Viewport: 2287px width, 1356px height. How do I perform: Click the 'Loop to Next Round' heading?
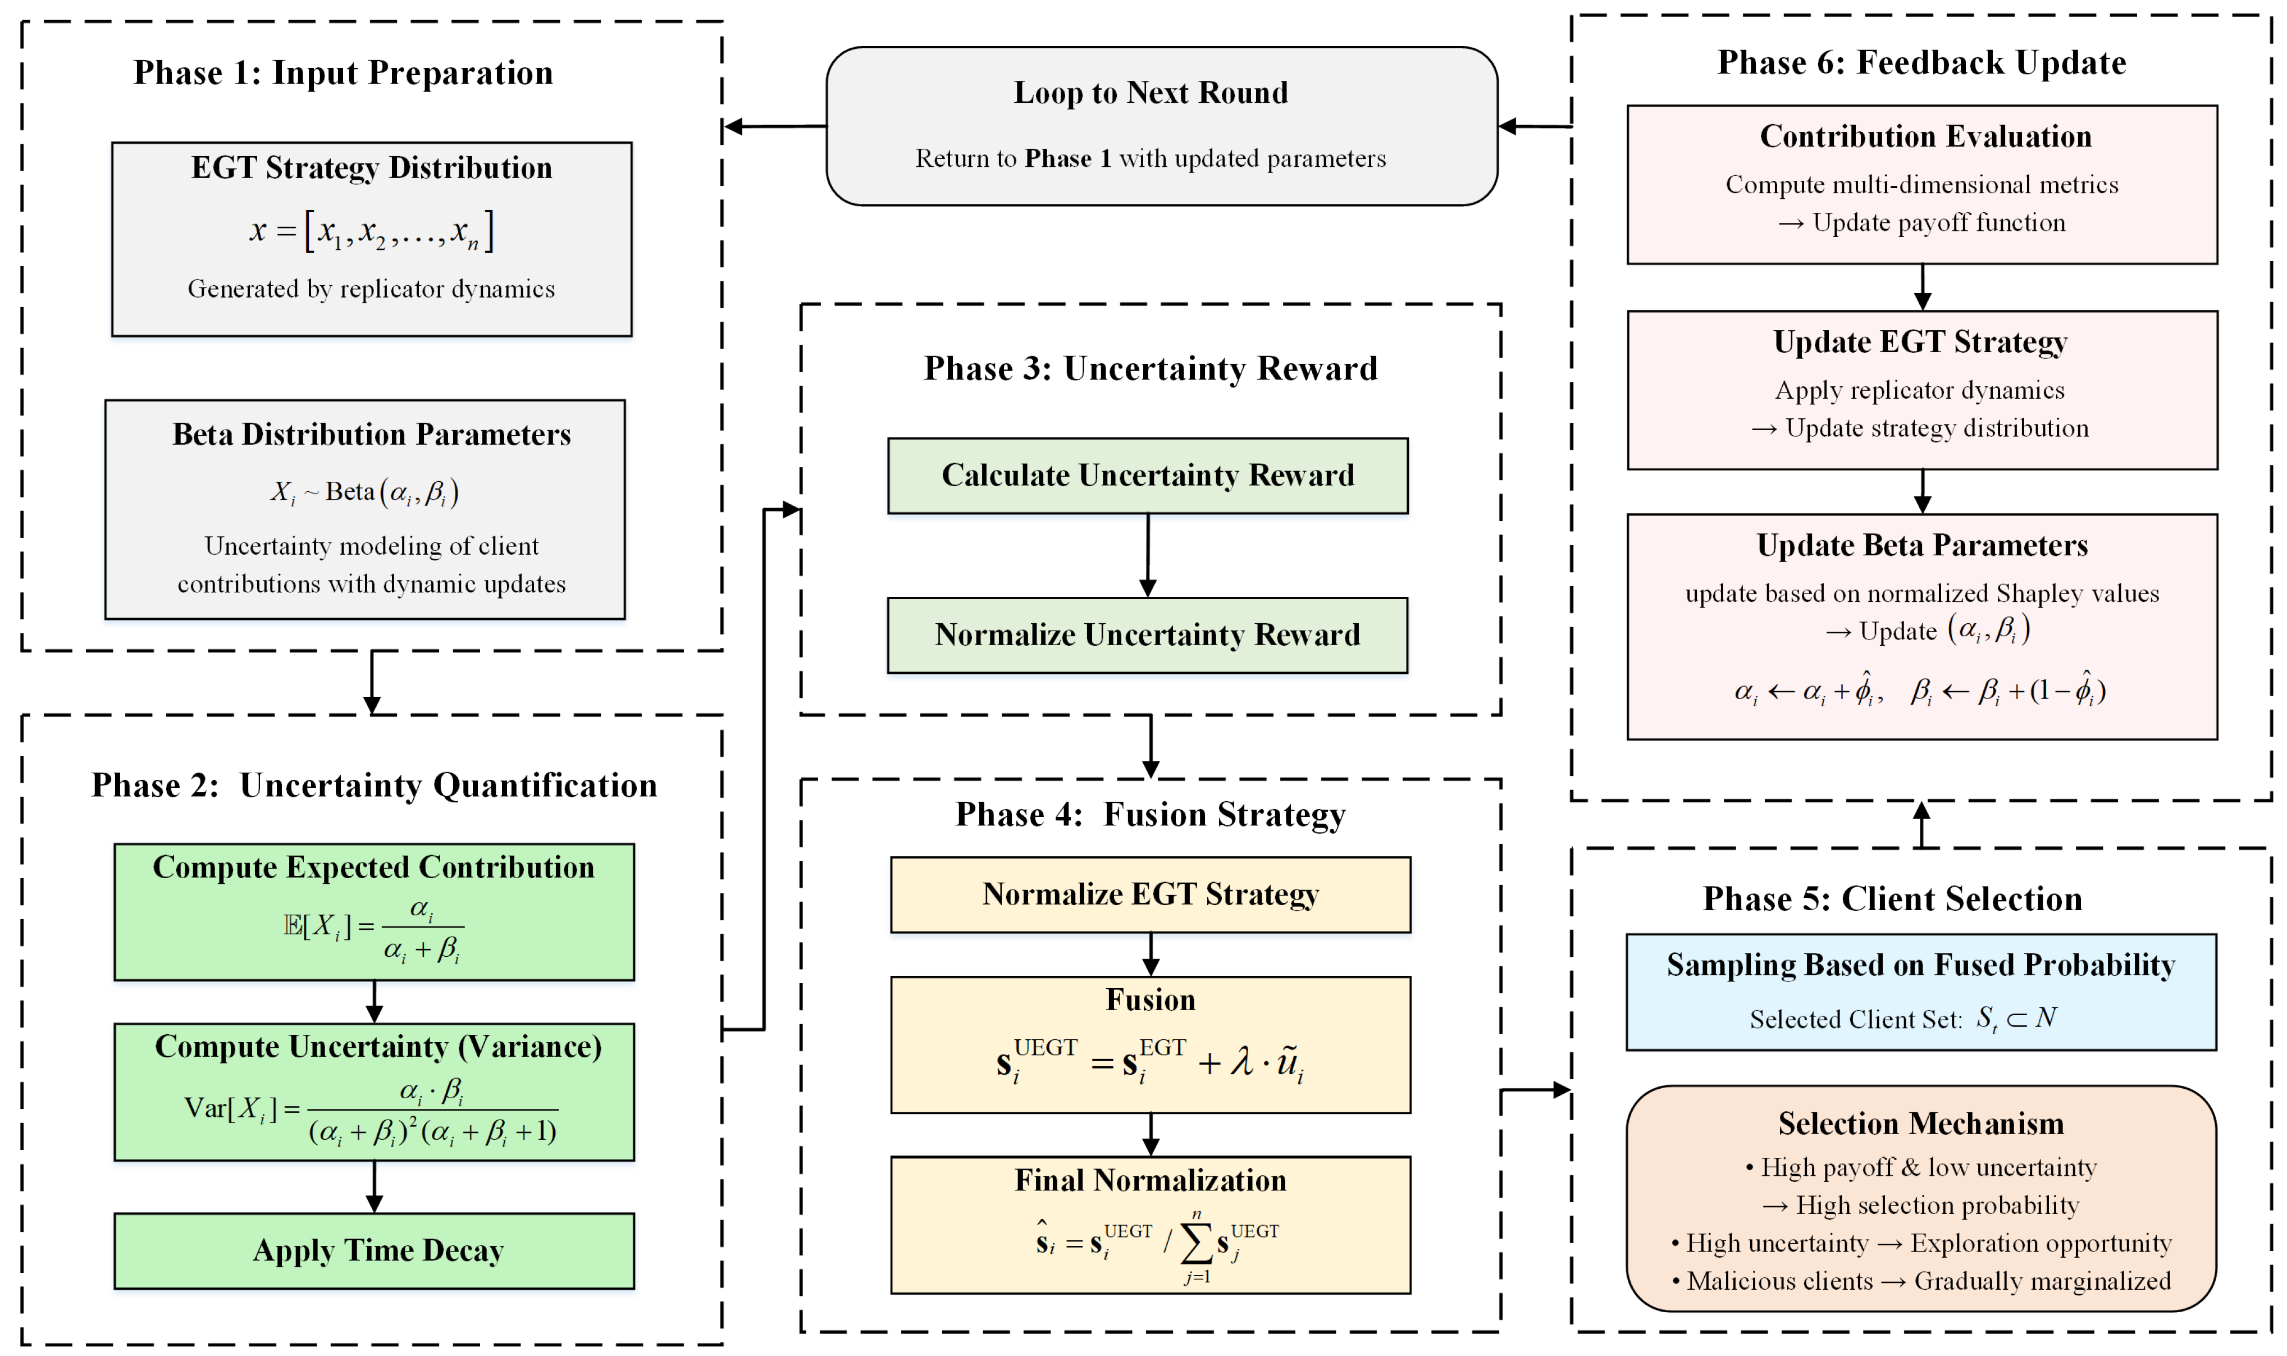1151,92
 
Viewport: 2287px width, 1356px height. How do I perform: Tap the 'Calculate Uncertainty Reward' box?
1148,475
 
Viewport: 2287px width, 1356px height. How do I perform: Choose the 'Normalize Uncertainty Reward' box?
1148,635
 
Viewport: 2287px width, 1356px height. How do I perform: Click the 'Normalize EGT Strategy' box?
1151,894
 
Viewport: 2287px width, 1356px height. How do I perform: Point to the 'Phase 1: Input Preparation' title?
344,72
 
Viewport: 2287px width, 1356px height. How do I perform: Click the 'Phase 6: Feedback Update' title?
1921,62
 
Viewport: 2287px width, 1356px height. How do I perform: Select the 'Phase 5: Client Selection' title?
1892,898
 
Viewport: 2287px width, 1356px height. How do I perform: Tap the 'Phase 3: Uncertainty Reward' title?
1151,368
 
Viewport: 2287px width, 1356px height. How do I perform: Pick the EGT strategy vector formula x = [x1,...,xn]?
372,230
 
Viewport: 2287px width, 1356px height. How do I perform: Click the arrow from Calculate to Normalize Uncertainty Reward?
1148,555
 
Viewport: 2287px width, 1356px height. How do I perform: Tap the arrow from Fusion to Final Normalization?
1151,1135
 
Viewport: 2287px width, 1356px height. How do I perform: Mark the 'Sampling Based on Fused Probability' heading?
1920,965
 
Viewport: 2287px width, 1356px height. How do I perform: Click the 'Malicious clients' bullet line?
1920,1281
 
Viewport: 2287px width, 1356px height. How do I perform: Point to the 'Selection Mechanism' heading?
1920,1123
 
